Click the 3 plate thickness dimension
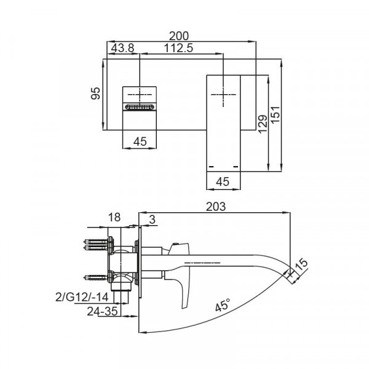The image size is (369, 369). (x=151, y=220)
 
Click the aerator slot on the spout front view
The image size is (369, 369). (x=140, y=108)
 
